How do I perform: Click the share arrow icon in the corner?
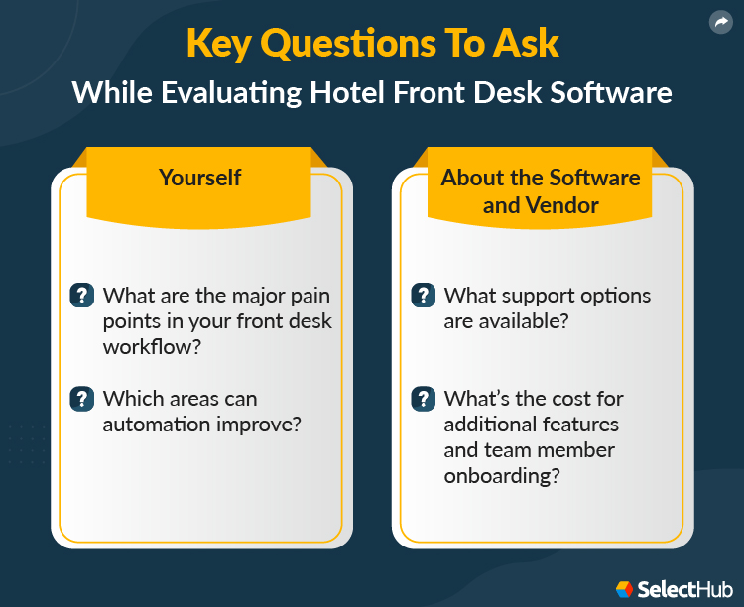(720, 22)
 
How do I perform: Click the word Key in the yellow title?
(218, 45)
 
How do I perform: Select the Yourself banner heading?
(200, 178)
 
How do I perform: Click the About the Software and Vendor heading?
(541, 191)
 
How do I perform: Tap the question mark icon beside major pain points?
(82, 296)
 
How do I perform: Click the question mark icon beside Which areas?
(82, 399)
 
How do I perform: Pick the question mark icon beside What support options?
(424, 296)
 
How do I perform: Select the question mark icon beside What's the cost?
(424, 399)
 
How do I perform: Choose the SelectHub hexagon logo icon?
(624, 589)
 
